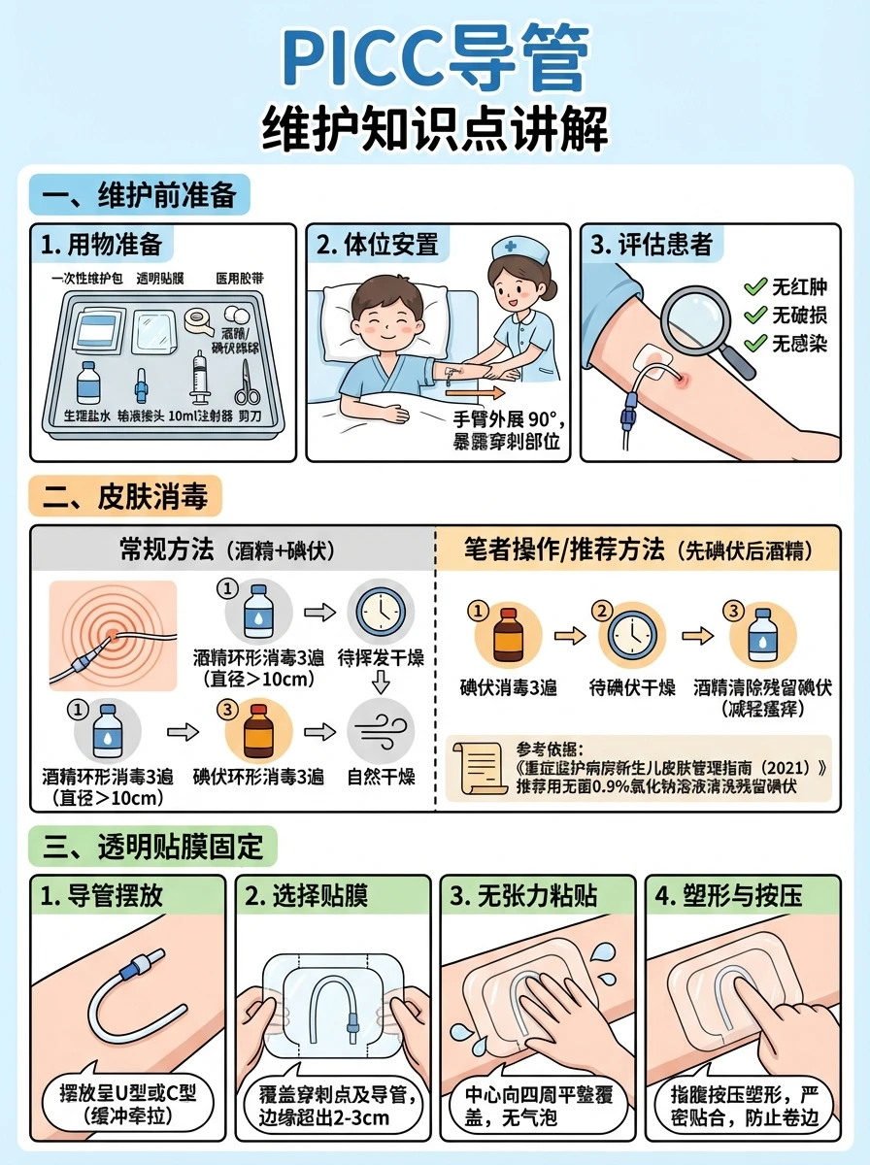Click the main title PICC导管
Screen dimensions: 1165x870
point(435,60)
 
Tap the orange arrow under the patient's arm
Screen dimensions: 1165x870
point(475,393)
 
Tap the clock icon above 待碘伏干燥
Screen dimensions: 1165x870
point(631,636)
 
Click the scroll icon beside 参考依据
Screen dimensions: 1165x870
point(485,769)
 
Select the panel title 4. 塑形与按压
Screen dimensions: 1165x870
point(728,895)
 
